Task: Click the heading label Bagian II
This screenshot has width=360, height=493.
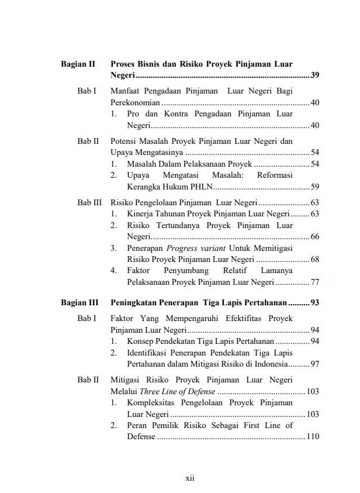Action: [78, 64]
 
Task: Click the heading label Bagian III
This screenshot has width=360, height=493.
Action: [79, 303]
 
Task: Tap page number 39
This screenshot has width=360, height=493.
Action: [314, 75]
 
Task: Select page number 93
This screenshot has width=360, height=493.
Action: [314, 303]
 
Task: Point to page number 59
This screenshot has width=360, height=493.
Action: [314, 187]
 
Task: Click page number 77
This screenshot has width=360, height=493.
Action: [314, 282]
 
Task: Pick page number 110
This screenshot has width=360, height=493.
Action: [313, 436]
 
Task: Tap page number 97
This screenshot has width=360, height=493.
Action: [314, 364]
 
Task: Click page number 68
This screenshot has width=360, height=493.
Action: [314, 259]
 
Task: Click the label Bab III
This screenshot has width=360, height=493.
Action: [89, 202]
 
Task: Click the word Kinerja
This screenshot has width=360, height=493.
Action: [140, 213]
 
